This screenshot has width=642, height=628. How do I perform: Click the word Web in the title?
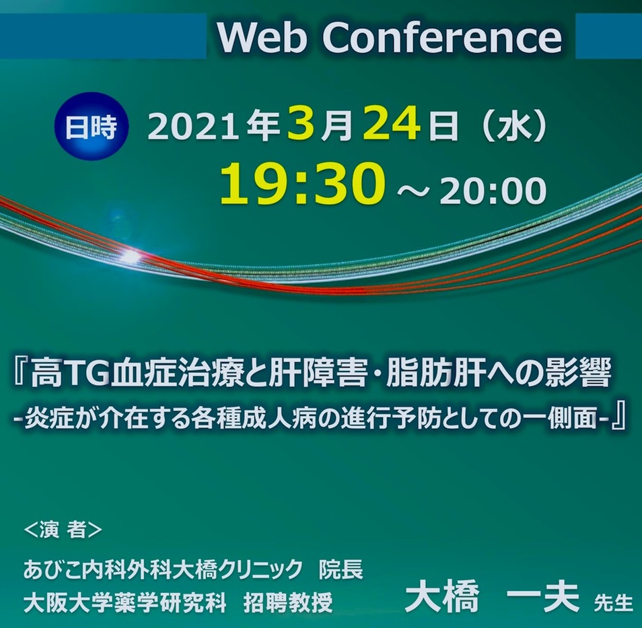pyautogui.click(x=262, y=37)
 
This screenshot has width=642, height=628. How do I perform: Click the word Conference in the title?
pyautogui.click(x=442, y=37)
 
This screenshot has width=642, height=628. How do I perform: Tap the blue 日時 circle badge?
pyautogui.click(x=91, y=126)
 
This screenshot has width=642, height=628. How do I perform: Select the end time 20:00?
pyautogui.click(x=493, y=191)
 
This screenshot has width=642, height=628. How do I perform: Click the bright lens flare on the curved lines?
pyautogui.click(x=131, y=256)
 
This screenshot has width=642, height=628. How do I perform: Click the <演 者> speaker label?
pyautogui.click(x=63, y=530)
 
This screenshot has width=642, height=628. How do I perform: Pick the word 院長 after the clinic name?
pyautogui.click(x=341, y=570)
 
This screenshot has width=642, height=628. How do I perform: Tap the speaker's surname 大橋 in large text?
pyautogui.click(x=441, y=597)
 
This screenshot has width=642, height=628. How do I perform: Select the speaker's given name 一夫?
pyautogui.click(x=543, y=597)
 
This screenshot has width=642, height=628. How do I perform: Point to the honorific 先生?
pyautogui.click(x=613, y=603)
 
